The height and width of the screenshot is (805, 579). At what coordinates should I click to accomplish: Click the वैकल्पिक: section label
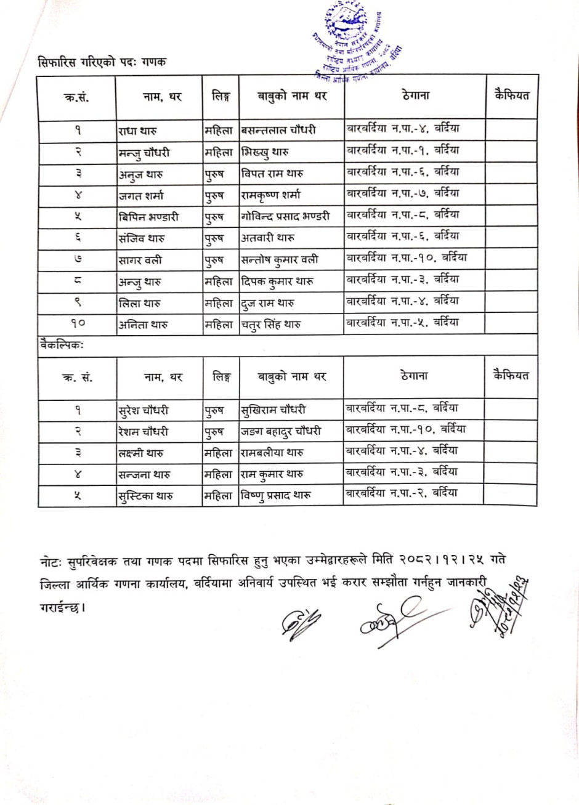point(61,346)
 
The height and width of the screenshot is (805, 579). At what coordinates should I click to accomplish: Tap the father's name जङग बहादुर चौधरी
point(281,432)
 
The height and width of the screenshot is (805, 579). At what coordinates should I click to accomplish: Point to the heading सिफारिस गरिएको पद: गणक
point(103,62)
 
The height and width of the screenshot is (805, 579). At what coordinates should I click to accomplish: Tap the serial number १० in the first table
point(76,324)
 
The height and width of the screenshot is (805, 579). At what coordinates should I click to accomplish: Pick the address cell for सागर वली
point(406,258)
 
